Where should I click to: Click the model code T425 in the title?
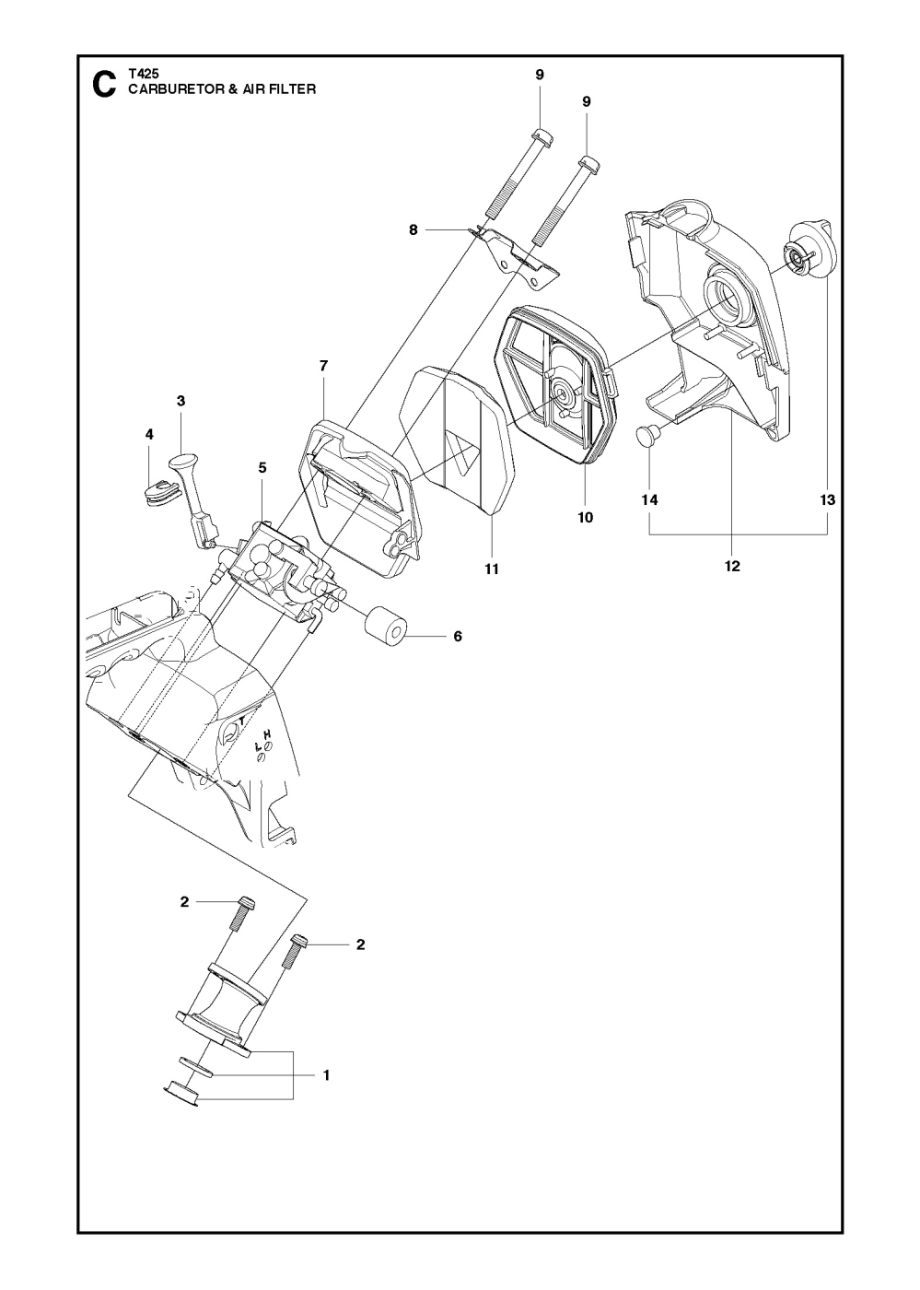pyautogui.click(x=141, y=76)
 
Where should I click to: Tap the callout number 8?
pyautogui.click(x=413, y=230)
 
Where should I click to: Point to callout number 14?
pyautogui.click(x=650, y=499)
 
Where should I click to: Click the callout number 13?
pyautogui.click(x=827, y=499)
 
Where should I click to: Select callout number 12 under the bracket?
pyautogui.click(x=732, y=566)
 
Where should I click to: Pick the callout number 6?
pyautogui.click(x=458, y=636)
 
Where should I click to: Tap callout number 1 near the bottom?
pyautogui.click(x=326, y=1074)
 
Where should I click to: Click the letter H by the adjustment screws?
pyautogui.click(x=267, y=733)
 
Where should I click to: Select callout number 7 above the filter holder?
pyautogui.click(x=323, y=366)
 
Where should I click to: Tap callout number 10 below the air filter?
pyautogui.click(x=585, y=517)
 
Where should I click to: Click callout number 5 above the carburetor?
pyautogui.click(x=262, y=468)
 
